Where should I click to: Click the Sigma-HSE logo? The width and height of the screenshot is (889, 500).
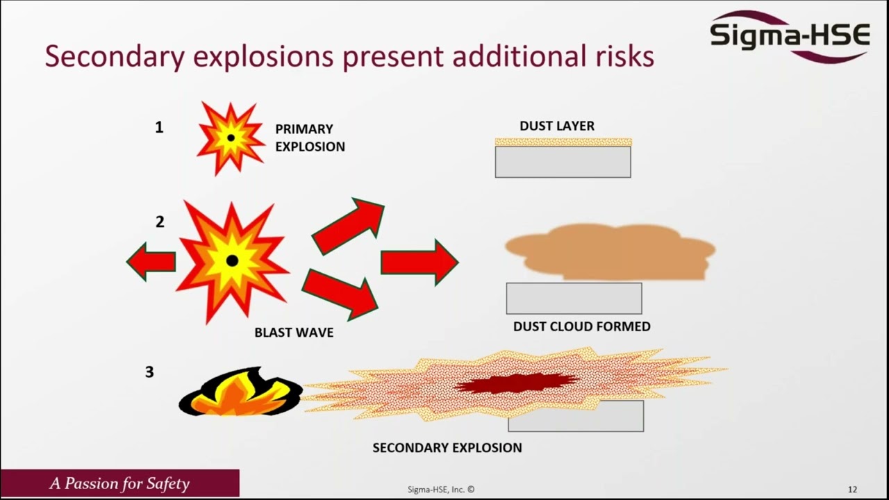(790, 35)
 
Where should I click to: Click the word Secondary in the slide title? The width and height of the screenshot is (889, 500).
(115, 56)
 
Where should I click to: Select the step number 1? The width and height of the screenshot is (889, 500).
(159, 127)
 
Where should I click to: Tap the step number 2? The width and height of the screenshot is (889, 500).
(160, 222)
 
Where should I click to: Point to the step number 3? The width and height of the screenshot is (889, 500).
(149, 372)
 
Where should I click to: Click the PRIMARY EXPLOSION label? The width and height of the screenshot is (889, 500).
(310, 137)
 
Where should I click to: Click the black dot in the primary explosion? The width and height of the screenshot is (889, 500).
(231, 138)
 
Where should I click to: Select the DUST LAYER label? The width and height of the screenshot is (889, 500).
(557, 126)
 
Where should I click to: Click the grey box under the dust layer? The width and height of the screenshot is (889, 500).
(563, 162)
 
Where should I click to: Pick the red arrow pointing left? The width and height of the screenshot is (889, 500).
(151, 262)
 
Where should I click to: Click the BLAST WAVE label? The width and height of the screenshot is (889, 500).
(294, 333)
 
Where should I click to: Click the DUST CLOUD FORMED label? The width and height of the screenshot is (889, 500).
(581, 326)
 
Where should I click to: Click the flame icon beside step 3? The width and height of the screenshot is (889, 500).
(240, 393)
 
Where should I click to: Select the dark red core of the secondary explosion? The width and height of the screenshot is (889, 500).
(517, 383)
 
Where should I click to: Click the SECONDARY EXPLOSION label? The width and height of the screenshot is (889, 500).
(447, 448)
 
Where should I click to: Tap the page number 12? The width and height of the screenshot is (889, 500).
(852, 490)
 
